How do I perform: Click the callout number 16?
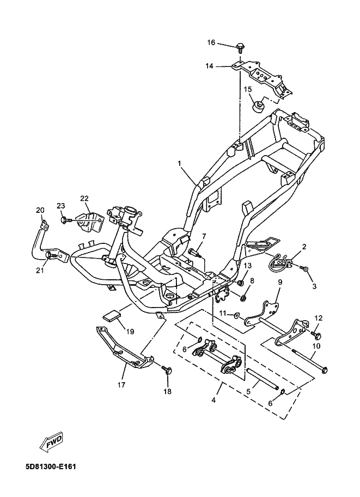[211, 42]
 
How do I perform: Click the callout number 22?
[84, 198]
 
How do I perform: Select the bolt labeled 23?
[64, 219]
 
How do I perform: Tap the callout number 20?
[40, 210]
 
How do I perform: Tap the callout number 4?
[213, 401]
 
